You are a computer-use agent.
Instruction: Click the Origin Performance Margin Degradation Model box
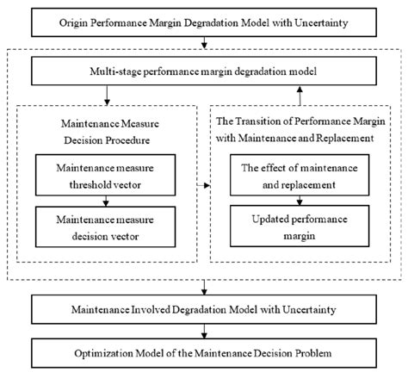pyautogui.click(x=203, y=20)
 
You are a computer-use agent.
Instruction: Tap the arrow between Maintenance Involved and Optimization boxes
pyautogui.click(x=203, y=330)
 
